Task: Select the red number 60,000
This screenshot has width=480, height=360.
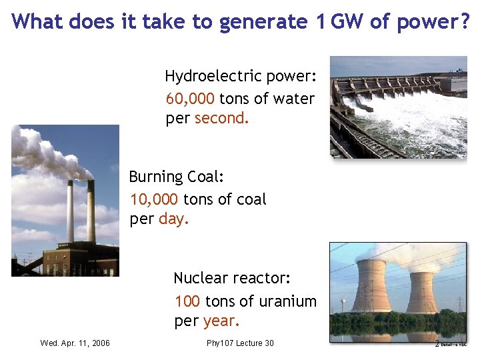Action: [x=190, y=99]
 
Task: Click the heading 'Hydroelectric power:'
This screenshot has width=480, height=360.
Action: [x=239, y=75]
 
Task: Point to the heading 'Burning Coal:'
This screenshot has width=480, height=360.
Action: [x=177, y=177]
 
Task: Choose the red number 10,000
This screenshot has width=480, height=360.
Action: [x=154, y=199]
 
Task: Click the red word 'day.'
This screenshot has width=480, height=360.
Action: [x=174, y=219]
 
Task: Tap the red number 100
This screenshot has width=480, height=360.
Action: [x=187, y=301]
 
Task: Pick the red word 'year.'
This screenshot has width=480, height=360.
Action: [x=221, y=321]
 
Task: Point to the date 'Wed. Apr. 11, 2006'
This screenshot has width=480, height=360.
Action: [x=75, y=343]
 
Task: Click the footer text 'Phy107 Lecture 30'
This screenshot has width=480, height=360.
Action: [x=240, y=343]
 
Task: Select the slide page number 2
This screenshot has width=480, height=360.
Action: [x=437, y=344]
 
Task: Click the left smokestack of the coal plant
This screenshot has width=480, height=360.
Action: [x=70, y=210]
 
